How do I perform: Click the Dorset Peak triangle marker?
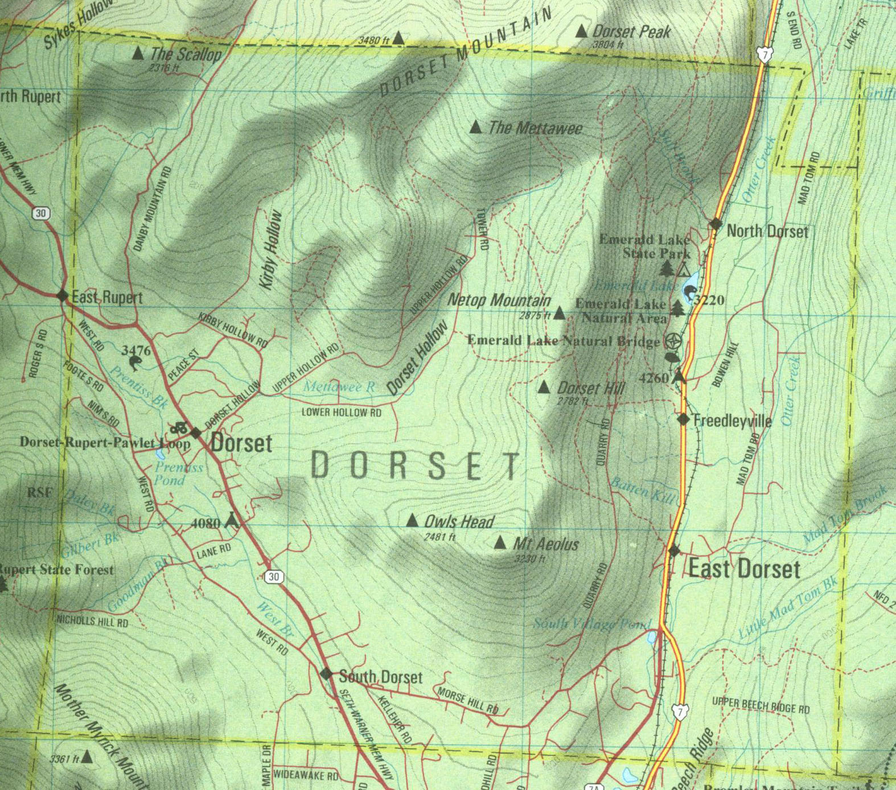pyautogui.click(x=581, y=31)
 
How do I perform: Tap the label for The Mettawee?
pyautogui.click(x=535, y=128)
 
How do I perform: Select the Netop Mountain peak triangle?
pyautogui.click(x=560, y=313)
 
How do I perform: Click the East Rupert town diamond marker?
pyautogui.click(x=63, y=295)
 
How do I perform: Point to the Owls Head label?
pyautogui.click(x=459, y=521)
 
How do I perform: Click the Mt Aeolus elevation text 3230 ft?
pyautogui.click(x=529, y=559)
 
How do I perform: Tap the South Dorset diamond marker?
pyautogui.click(x=326, y=674)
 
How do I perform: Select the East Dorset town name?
pyautogui.click(x=744, y=569)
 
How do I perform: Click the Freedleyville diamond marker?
pyautogui.click(x=683, y=419)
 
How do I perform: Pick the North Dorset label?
pyautogui.click(x=767, y=231)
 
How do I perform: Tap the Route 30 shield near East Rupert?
pyautogui.click(x=40, y=213)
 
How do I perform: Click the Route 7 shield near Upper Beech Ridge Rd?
pyautogui.click(x=679, y=712)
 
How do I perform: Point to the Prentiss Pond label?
pyautogui.click(x=178, y=474)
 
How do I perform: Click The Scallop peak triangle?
pyautogui.click(x=138, y=54)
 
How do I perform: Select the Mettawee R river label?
pyautogui.click(x=339, y=386)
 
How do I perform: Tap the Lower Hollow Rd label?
pyautogui.click(x=342, y=412)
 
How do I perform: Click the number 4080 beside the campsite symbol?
pyautogui.click(x=205, y=522)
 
